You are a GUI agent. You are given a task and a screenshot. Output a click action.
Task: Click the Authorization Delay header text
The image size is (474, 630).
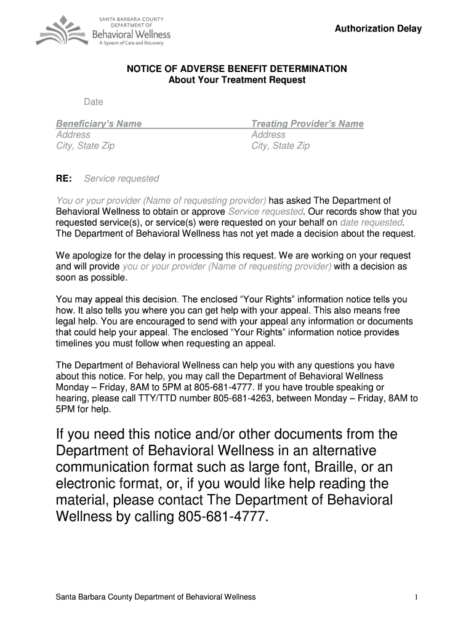click(378, 29)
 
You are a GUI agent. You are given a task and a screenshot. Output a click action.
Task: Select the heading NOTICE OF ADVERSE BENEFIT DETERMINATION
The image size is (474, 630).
click(237, 69)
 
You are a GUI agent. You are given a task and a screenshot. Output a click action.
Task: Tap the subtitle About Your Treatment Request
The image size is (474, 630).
click(237, 80)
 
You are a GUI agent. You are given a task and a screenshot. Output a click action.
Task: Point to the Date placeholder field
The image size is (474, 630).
click(94, 102)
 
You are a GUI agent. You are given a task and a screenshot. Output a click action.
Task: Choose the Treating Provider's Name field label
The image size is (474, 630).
click(307, 124)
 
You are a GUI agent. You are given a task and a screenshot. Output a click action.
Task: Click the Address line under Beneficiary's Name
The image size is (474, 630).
click(73, 135)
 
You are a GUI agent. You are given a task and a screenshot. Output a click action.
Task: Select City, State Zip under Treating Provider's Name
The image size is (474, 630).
click(280, 146)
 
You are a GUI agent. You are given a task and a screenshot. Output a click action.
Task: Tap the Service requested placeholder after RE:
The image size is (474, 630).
click(121, 178)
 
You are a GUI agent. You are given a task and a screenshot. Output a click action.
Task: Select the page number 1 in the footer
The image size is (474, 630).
click(417, 597)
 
